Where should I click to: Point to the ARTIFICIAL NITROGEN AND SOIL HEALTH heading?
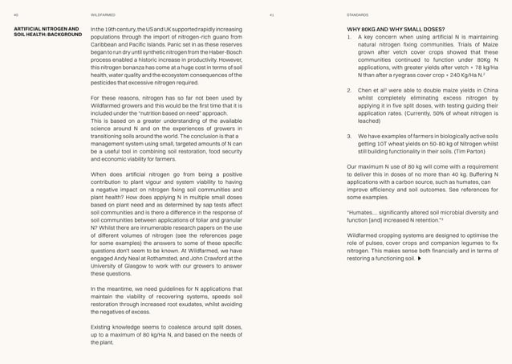[x=47, y=32]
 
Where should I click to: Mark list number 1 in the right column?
[x=349, y=37]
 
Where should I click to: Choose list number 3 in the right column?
[x=349, y=136]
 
